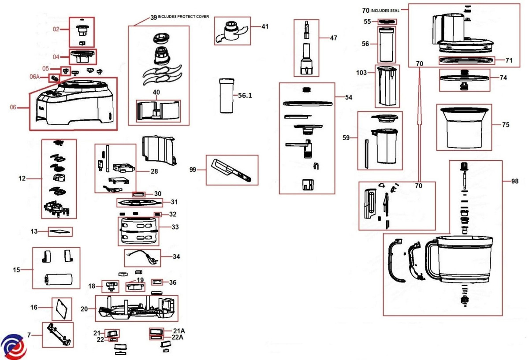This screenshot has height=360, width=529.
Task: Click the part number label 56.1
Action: coord(245,95)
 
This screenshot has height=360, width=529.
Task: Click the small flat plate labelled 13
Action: coord(60,232)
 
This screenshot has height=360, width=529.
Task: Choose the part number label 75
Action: coord(505,125)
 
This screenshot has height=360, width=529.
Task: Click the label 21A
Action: coord(179,330)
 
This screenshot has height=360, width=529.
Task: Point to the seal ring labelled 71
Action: coord(466,60)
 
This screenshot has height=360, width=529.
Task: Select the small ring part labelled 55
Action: coord(387,22)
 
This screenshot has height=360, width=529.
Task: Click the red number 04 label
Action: coord(56,57)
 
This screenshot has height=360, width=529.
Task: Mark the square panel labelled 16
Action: coord(61,308)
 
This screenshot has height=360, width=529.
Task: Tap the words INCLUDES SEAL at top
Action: coord(386,11)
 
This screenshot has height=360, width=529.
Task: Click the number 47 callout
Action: coord(333,38)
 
